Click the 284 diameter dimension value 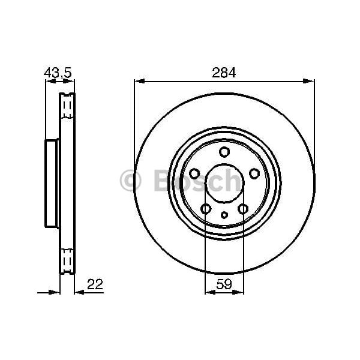click(x=224, y=72)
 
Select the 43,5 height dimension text click(x=58, y=73)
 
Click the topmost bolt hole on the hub click(x=224, y=152)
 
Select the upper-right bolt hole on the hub click(x=254, y=173)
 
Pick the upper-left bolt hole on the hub click(x=194, y=173)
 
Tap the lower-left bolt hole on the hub click(x=205, y=209)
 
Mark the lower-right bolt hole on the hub click(x=243, y=209)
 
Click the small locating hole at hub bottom click(x=224, y=215)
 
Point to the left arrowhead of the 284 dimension click(x=137, y=81)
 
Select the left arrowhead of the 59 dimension click(x=209, y=292)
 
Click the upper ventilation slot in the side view click(x=67, y=107)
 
